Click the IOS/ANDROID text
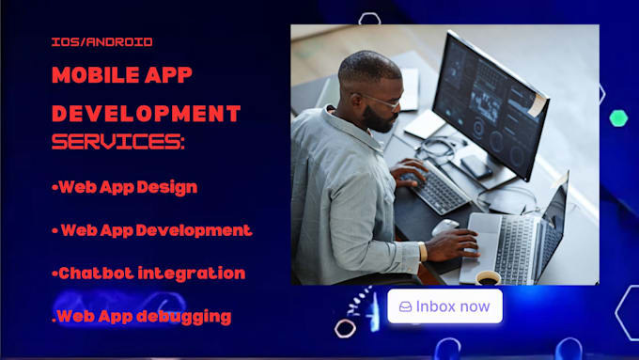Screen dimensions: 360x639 (x=101, y=42)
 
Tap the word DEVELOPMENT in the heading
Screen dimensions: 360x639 (x=146, y=114)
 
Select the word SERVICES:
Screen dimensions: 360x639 (x=118, y=143)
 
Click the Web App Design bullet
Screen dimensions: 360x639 (x=124, y=186)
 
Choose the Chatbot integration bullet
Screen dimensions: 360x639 (x=148, y=273)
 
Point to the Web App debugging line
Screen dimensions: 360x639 (x=141, y=317)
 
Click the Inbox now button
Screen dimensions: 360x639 (x=444, y=306)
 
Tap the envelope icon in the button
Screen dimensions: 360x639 (x=405, y=306)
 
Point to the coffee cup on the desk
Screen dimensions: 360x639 (x=487, y=276)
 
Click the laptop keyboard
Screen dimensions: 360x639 (x=512, y=249)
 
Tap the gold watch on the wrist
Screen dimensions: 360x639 (x=423, y=251)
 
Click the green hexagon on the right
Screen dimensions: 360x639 (x=617, y=117)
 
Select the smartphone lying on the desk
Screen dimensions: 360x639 (x=475, y=167)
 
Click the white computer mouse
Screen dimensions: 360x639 (x=445, y=227)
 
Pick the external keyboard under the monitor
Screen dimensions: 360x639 (x=440, y=188)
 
